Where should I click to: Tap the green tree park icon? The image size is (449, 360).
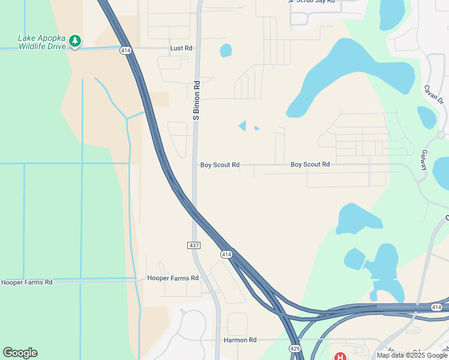[75, 41]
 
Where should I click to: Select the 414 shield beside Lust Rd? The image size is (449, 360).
[125, 50]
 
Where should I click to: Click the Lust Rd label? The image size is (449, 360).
[181, 48]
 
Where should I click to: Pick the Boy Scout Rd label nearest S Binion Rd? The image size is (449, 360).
[220, 165]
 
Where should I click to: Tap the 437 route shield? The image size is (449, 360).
[193, 245]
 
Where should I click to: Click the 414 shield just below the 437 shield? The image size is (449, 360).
[226, 254]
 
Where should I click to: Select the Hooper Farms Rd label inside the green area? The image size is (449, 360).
[26, 282]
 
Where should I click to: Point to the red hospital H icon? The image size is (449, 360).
[340, 357]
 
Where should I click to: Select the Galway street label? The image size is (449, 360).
[424, 160]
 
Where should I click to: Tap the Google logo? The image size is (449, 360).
[20, 353]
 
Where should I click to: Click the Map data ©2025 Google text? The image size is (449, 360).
[412, 355]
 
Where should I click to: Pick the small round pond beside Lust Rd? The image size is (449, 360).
[226, 50]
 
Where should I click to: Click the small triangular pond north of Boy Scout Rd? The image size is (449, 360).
[243, 125]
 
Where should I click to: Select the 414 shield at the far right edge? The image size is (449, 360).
[436, 307]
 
